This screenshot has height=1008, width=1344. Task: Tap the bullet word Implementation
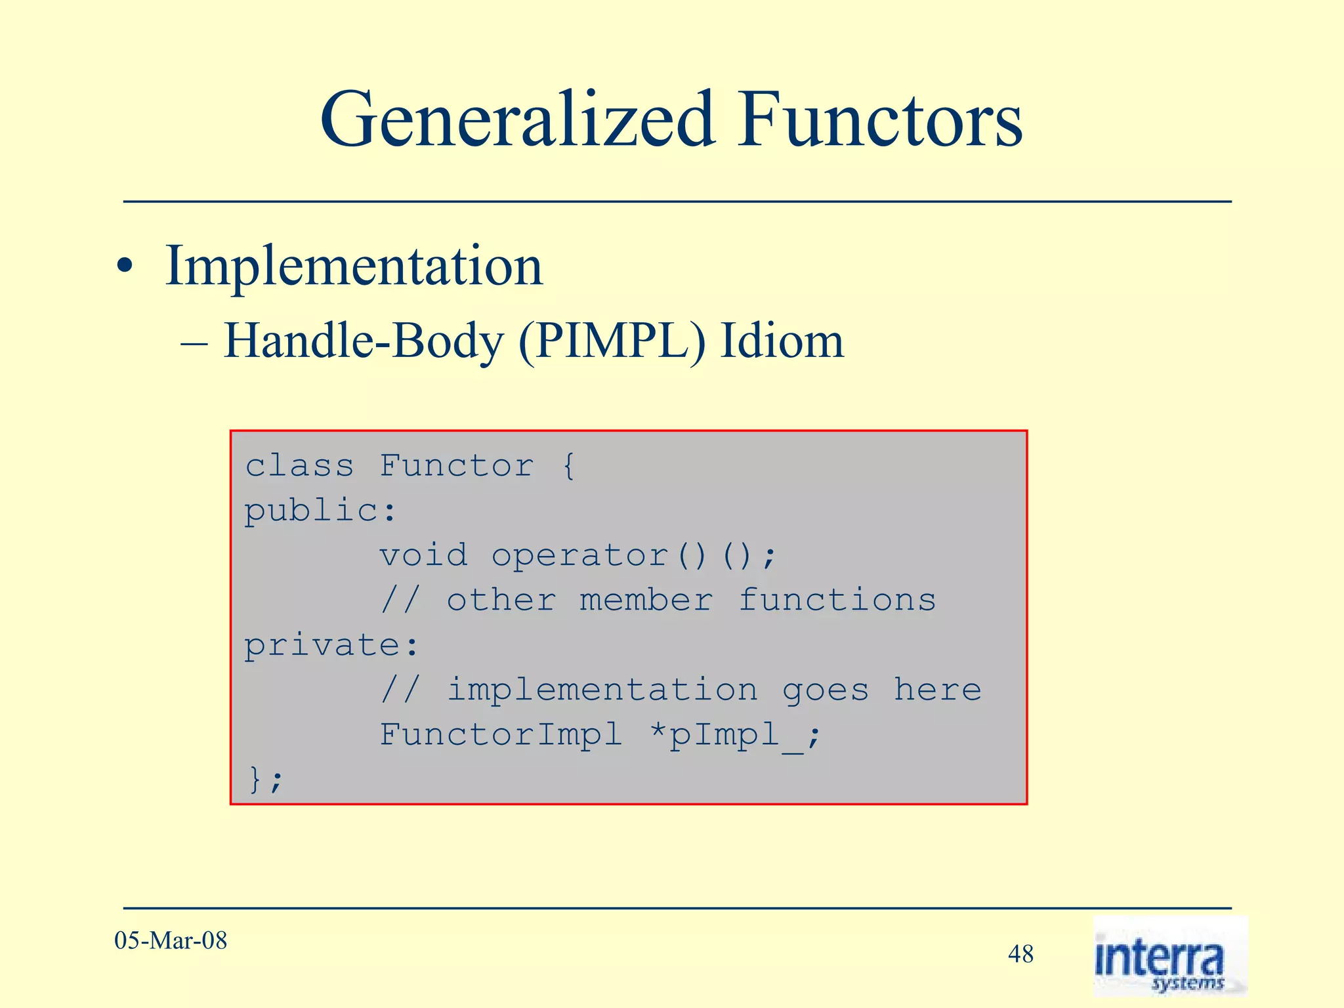(x=354, y=266)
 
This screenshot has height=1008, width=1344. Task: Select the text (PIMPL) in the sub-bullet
(x=612, y=342)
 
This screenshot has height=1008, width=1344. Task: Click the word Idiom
(x=782, y=342)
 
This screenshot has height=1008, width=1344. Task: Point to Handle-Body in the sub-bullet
(x=365, y=342)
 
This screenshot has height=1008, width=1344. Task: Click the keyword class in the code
(x=299, y=467)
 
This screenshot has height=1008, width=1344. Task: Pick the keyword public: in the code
(x=320, y=511)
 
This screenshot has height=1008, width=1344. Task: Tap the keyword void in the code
(x=424, y=556)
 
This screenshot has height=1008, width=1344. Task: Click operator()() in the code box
(x=634, y=556)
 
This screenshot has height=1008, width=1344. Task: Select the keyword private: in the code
(x=331, y=645)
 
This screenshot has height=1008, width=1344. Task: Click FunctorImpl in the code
(x=500, y=734)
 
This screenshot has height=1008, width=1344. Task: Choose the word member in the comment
(x=646, y=600)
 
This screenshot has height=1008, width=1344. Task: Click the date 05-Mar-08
(x=171, y=941)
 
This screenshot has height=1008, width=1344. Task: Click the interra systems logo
(x=1169, y=956)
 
